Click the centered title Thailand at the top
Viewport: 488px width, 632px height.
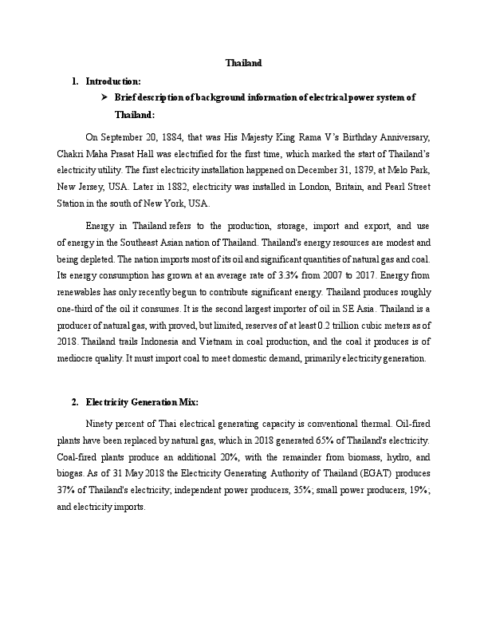click(243, 62)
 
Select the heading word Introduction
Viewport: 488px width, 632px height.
click(113, 81)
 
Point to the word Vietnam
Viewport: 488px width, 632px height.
click(261, 335)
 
